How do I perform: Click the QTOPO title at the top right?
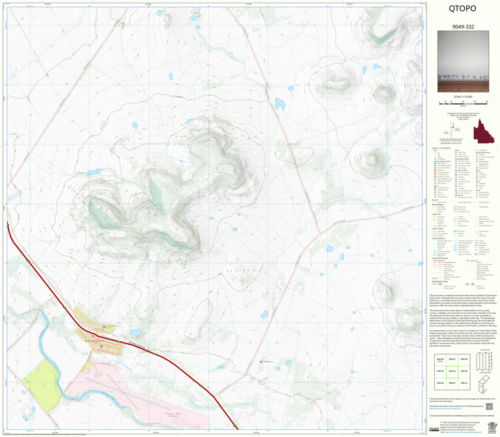462,9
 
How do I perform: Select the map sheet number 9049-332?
462,27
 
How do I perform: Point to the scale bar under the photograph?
463,102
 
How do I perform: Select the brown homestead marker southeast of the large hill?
261,361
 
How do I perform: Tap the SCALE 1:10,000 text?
463,96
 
